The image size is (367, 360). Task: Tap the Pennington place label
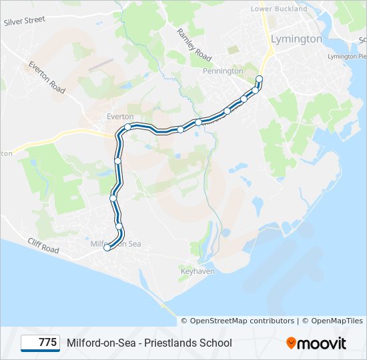coord(223,71)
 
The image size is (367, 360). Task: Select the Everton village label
coord(121,116)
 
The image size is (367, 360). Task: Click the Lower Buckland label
coord(279,9)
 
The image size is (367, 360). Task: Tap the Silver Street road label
coord(24,21)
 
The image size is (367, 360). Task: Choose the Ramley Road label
coord(194,44)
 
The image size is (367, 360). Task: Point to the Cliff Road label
coord(43,246)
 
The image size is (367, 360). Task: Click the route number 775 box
coord(41,343)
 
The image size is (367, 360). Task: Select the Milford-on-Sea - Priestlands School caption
coord(149,343)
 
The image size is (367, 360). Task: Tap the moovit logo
coord(316,343)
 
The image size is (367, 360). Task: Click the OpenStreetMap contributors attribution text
coord(242,321)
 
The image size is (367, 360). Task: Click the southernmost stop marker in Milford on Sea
coord(107,248)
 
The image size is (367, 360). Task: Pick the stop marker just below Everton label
coord(127,126)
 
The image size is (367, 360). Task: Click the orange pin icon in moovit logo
coord(291,343)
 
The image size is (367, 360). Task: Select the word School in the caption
coord(217,343)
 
